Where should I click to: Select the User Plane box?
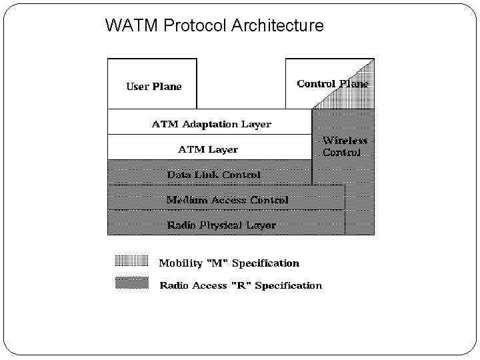click(x=153, y=84)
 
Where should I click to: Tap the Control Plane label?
click(x=332, y=84)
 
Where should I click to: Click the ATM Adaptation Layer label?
click(x=211, y=124)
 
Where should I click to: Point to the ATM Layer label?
click(x=208, y=149)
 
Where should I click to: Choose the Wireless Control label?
click(x=344, y=147)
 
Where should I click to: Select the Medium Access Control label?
click(x=227, y=200)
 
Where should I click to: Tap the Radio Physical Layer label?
click(x=221, y=225)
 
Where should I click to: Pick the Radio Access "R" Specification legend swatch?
click(x=132, y=283)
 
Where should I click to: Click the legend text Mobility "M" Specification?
click(x=229, y=263)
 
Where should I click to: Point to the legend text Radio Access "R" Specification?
click(x=241, y=285)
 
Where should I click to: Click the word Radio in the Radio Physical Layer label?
click(x=181, y=225)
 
